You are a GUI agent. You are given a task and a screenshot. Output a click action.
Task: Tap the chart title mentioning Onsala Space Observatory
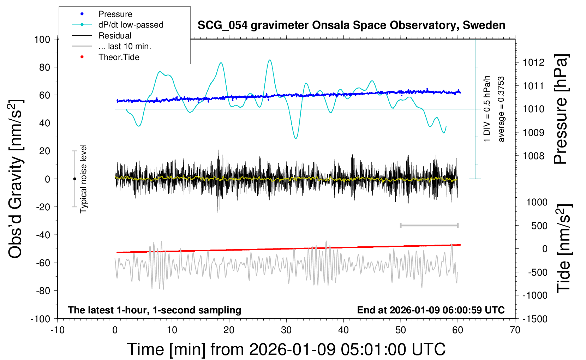point(351,25)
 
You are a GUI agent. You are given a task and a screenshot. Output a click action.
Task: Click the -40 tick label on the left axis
point(43,235)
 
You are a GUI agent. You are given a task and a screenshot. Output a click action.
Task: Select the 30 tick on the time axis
point(286,330)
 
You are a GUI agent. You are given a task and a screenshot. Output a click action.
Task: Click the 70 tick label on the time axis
point(515,330)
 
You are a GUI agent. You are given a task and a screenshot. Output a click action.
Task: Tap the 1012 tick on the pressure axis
point(533,62)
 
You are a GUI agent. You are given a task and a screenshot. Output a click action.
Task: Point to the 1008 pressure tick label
point(533,156)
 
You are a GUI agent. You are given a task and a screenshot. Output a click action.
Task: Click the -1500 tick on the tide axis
point(535,319)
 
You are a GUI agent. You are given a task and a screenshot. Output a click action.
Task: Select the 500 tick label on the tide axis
point(539,226)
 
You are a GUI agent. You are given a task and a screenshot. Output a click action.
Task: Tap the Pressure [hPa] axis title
point(561,109)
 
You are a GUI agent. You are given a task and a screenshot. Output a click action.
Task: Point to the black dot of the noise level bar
point(74,179)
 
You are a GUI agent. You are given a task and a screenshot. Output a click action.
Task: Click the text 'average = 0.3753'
point(501,109)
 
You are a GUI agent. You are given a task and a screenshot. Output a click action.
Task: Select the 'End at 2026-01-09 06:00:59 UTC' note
point(431,310)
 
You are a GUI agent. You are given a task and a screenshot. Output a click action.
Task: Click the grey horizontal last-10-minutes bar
point(429,225)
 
